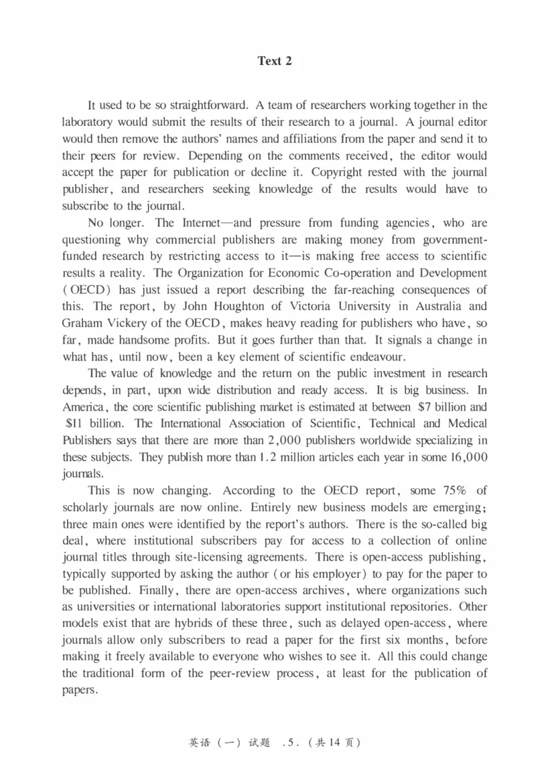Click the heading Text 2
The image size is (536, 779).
click(x=275, y=61)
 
